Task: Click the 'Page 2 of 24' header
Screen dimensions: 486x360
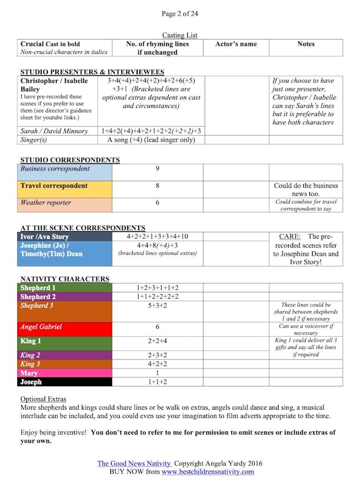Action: [179, 13]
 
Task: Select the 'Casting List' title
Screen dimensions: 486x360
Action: [179, 35]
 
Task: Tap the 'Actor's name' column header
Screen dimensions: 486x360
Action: [236, 44]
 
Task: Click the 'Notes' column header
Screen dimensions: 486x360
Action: [306, 44]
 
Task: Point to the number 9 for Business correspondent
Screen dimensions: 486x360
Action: [157, 169]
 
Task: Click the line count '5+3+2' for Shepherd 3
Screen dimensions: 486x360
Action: [157, 305]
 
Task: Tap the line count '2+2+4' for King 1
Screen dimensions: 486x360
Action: [157, 341]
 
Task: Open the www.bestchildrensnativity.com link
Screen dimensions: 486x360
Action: [207, 472]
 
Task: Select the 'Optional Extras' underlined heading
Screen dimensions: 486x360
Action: [43, 400]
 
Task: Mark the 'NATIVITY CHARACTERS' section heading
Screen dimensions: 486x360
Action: [65, 279]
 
